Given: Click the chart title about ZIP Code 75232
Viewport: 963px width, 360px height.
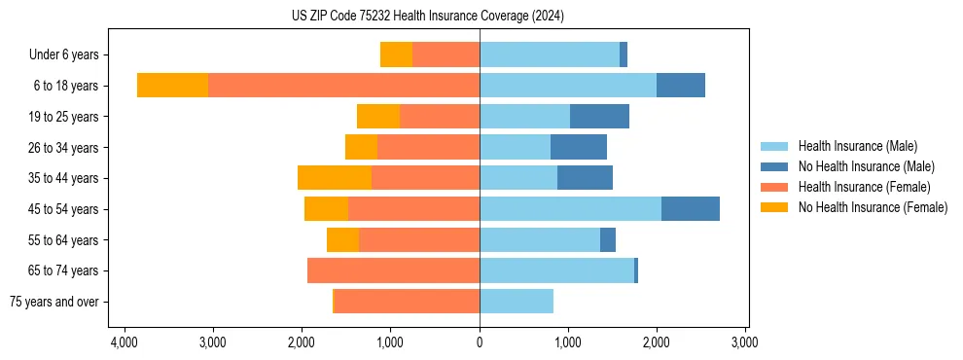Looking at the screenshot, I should pyautogui.click(x=427, y=17).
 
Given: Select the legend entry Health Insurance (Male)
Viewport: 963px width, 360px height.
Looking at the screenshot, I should pyautogui.click(x=857, y=146).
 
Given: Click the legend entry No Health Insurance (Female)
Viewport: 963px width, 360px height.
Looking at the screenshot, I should pyautogui.click(x=873, y=207).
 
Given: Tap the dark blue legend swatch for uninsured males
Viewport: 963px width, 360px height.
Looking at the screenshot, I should pyautogui.click(x=775, y=166).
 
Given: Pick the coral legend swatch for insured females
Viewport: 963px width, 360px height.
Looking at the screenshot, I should pyautogui.click(x=775, y=187).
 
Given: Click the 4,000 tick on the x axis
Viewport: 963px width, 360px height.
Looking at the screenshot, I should pyautogui.click(x=124, y=342).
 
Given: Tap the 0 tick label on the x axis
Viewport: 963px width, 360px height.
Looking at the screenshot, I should pyautogui.click(x=480, y=342).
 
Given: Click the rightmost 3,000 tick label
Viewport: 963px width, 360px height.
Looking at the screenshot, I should pyautogui.click(x=745, y=342).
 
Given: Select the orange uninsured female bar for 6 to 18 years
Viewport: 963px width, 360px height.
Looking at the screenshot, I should pyautogui.click(x=172, y=86).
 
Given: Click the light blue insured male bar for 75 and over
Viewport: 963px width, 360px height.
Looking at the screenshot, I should pyautogui.click(x=517, y=302).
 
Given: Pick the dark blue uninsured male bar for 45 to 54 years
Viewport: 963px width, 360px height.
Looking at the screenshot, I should pyautogui.click(x=691, y=209).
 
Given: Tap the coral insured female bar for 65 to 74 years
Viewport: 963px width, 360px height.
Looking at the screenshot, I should pyautogui.click(x=393, y=270).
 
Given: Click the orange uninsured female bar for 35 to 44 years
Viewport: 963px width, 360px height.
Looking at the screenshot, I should pyautogui.click(x=335, y=178).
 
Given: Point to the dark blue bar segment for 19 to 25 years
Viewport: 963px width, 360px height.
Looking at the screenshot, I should pyautogui.click(x=599, y=117).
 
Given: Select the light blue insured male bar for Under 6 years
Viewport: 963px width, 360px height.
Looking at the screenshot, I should pyautogui.click(x=550, y=55).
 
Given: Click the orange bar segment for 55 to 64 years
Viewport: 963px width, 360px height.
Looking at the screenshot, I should pyautogui.click(x=342, y=240).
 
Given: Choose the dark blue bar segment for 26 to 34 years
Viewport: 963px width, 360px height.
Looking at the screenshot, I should pyautogui.click(x=579, y=148).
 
